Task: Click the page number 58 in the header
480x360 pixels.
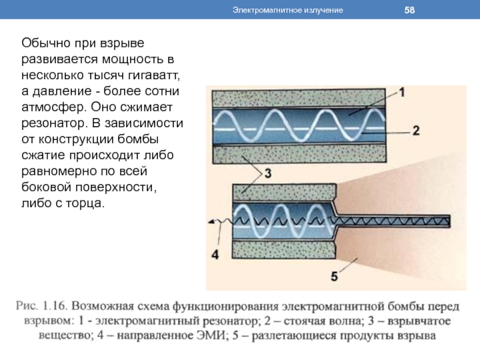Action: (409, 10)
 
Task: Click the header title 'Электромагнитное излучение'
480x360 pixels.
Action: (287, 10)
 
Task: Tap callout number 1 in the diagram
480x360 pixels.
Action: (402, 92)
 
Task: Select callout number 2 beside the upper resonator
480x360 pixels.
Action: (416, 131)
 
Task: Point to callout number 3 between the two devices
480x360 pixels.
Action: (268, 173)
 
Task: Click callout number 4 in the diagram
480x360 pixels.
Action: (215, 254)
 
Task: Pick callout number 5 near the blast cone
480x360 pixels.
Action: (334, 277)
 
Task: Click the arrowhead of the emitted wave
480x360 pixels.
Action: (211, 222)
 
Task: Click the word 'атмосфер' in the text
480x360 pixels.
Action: (54, 107)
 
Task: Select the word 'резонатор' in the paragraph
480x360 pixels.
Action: (54, 124)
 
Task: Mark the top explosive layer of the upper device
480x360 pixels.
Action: (299, 98)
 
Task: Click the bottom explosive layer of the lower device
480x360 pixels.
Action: (284, 250)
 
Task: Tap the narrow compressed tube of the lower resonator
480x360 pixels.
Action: (393, 221)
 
